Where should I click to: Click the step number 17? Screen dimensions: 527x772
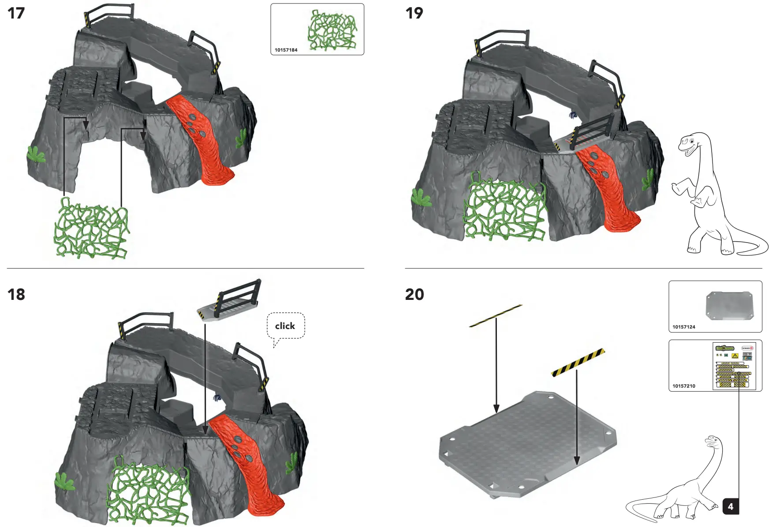(x=16, y=13)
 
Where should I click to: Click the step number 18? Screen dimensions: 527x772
(x=16, y=294)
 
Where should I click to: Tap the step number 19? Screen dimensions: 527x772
(x=414, y=13)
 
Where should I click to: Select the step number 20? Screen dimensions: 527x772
(x=414, y=294)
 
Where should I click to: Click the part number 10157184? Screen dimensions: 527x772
(x=286, y=50)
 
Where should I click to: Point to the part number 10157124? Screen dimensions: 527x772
(x=683, y=327)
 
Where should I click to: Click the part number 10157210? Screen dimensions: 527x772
(x=683, y=386)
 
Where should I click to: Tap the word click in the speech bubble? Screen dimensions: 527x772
(x=285, y=326)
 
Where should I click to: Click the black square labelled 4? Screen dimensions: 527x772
(x=730, y=506)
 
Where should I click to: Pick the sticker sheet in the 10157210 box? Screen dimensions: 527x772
(x=734, y=366)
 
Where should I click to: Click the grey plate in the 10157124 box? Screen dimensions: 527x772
(x=729, y=305)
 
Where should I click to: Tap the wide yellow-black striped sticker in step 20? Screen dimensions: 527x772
(x=578, y=363)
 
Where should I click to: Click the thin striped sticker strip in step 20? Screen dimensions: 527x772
(x=496, y=316)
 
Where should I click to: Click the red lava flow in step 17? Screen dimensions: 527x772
(x=201, y=137)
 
